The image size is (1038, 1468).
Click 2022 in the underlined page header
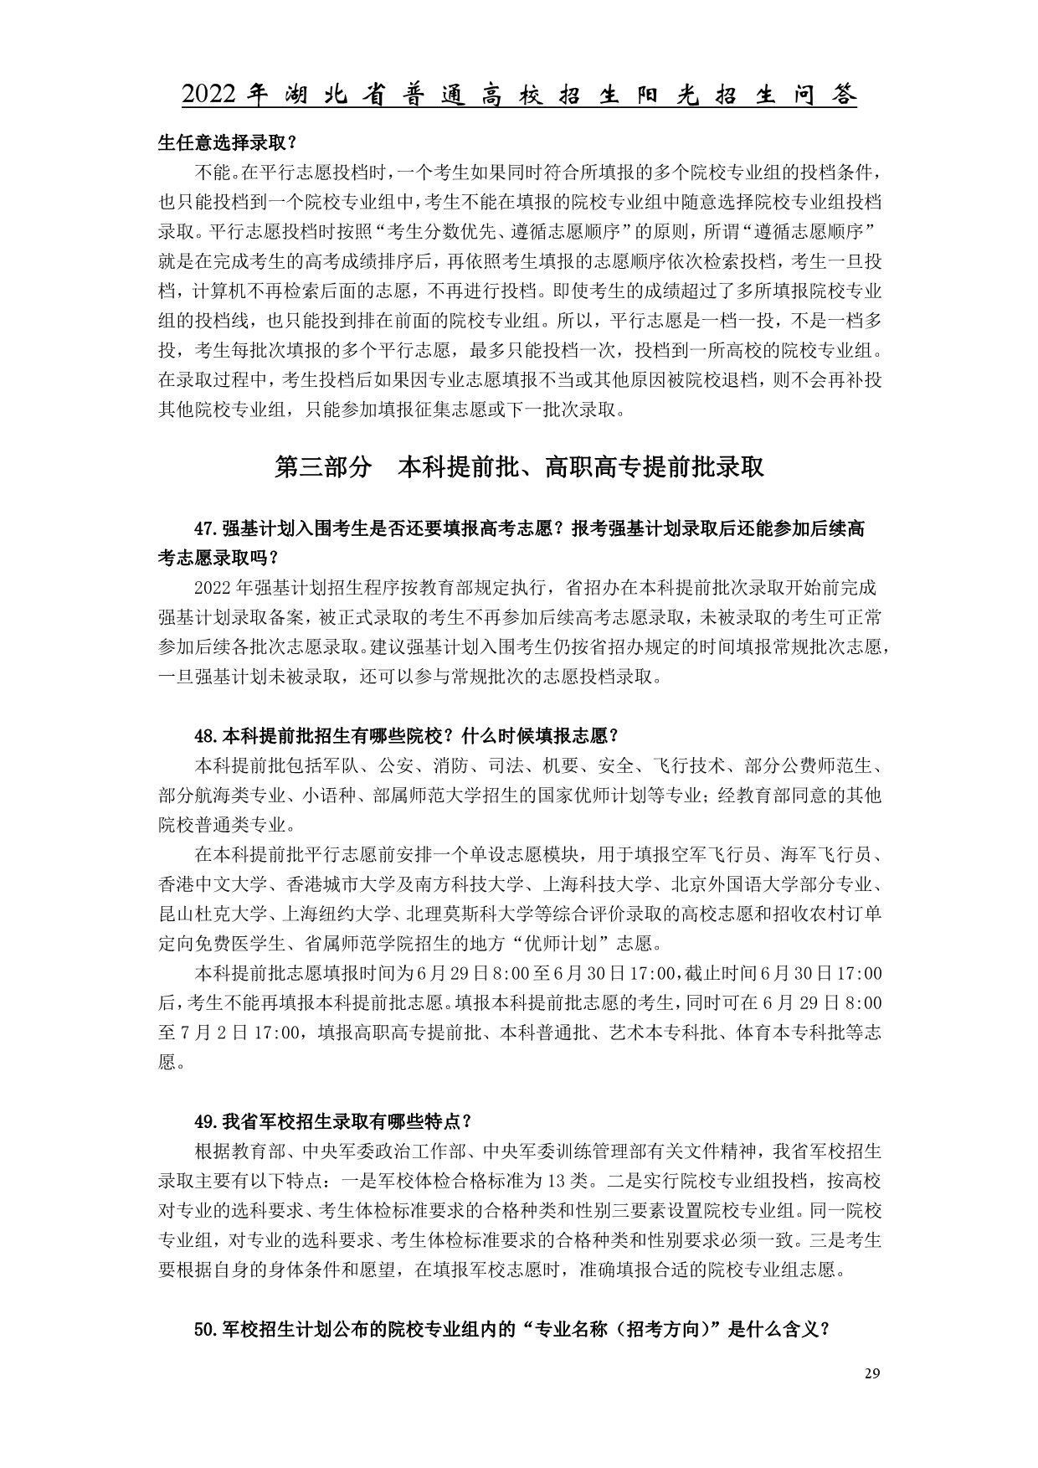pyautogui.click(x=212, y=95)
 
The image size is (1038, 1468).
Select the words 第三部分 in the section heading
pyautogui.click(x=323, y=467)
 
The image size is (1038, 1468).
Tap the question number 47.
pyautogui.click(x=206, y=529)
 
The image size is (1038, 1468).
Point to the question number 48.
pyautogui.click(x=206, y=736)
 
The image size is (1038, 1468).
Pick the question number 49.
pyautogui.click(x=206, y=1121)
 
